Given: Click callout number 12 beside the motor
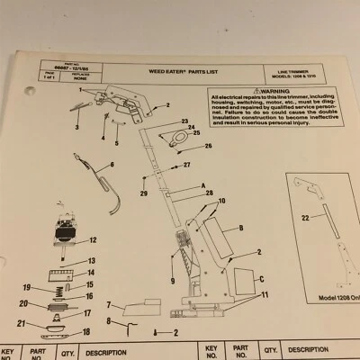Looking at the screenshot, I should click(93, 241).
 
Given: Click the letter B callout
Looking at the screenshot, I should click(242, 230).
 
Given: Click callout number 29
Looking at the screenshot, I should click(143, 193).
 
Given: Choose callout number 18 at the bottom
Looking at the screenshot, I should click(86, 332).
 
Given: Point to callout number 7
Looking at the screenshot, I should click(109, 305).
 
